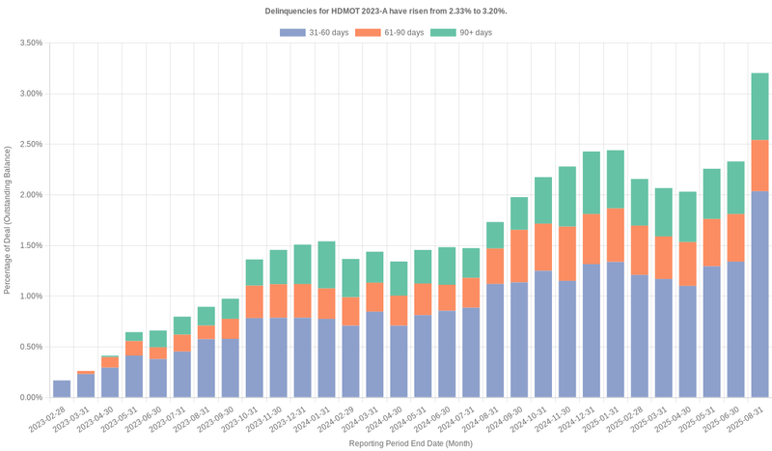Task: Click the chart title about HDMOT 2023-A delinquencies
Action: coord(386,11)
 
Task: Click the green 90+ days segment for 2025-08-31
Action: coord(759,106)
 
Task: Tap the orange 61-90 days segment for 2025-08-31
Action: coord(759,165)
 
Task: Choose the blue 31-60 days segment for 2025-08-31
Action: coord(759,294)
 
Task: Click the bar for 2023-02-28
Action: coord(62,389)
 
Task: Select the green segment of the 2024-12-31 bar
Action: coord(591,183)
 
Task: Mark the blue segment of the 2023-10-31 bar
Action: coord(254,357)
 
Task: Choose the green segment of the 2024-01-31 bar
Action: coord(326,265)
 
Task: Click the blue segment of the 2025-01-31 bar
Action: coord(615,329)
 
